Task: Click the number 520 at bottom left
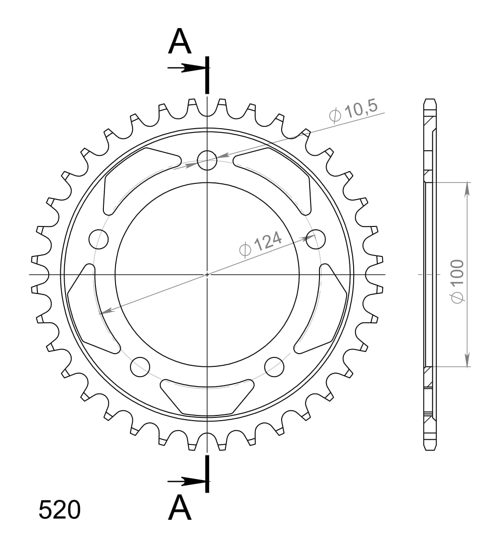pos(59,510)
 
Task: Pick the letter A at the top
pos(180,41)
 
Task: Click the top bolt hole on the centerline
pos(207,160)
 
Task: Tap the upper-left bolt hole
pos(99,239)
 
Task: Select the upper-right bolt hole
pos(315,239)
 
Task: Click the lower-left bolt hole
pos(140,367)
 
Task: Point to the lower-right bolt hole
pos(274,367)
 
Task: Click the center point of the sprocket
pos(207,274)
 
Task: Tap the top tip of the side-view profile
pos(430,100)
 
